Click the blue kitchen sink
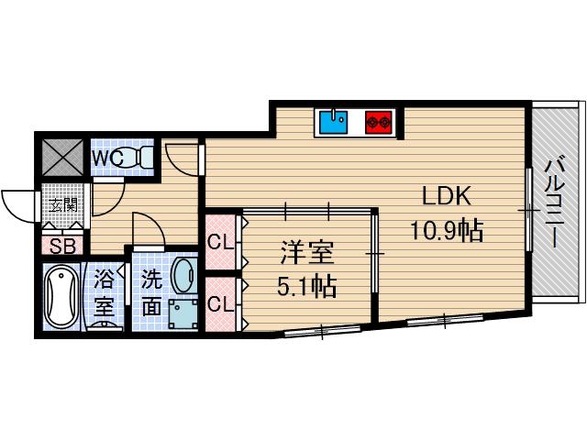click(333, 122)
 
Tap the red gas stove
click(379, 122)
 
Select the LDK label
click(447, 195)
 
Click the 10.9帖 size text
click(447, 230)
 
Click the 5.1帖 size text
click(306, 286)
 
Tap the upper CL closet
click(221, 242)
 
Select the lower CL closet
click(221, 304)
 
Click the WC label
click(107, 159)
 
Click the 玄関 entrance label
click(64, 205)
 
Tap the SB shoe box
click(62, 246)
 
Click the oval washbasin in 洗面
click(183, 275)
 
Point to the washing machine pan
click(183, 313)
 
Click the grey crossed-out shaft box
click(62, 157)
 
